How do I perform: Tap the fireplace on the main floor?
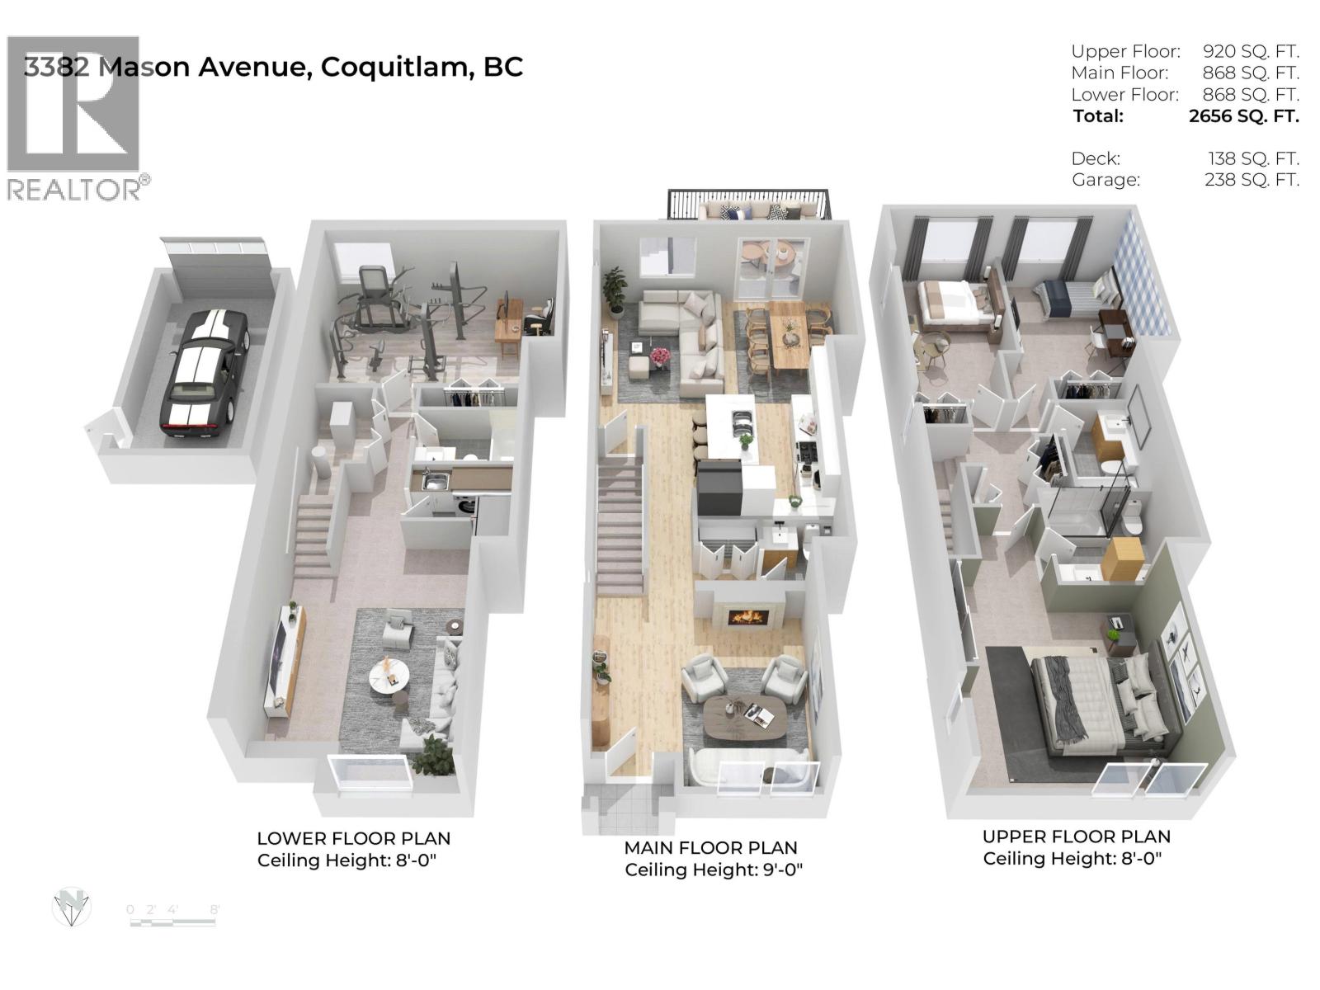coord(749,616)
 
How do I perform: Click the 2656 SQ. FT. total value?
coord(1243,116)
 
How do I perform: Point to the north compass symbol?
coord(72,907)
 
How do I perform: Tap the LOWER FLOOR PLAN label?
coord(353,839)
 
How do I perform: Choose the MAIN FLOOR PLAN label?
coord(710,848)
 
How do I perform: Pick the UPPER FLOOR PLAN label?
coord(1076,837)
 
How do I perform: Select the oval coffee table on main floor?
coord(744,714)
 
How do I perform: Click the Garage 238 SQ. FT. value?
coord(1252,179)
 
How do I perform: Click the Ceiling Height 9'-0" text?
coord(714,870)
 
